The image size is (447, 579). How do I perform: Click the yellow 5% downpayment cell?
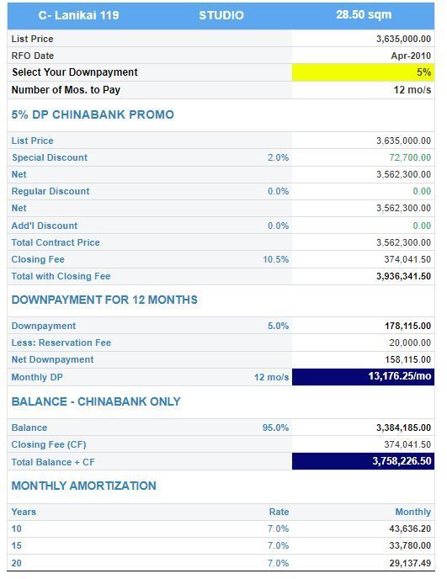pyautogui.click(x=363, y=72)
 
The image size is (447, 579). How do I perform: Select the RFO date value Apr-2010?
pyautogui.click(x=411, y=56)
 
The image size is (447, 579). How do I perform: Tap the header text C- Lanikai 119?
pyautogui.click(x=78, y=15)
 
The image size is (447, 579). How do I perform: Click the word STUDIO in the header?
pyautogui.click(x=221, y=15)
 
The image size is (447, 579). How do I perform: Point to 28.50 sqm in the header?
pyautogui.click(x=364, y=15)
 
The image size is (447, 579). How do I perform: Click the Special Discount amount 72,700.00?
pyautogui.click(x=410, y=157)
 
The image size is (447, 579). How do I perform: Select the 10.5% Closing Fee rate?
pyautogui.click(x=276, y=259)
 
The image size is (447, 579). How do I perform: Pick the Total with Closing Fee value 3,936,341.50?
pyautogui.click(x=403, y=276)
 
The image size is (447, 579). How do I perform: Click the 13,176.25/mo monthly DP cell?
pyautogui.click(x=363, y=377)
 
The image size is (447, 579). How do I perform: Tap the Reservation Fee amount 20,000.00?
pyautogui.click(x=410, y=343)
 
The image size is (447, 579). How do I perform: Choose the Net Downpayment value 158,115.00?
pyautogui.click(x=407, y=359)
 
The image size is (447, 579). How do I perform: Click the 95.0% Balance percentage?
pyautogui.click(x=275, y=428)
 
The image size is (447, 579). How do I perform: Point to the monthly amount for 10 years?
pyautogui.click(x=410, y=529)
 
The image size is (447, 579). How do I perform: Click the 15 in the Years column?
pyautogui.click(x=17, y=546)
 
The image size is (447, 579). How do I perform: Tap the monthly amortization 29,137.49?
pyautogui.click(x=410, y=563)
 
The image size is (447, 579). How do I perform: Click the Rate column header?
pyautogui.click(x=279, y=512)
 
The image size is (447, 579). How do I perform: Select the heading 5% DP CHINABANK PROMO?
pyautogui.click(x=93, y=114)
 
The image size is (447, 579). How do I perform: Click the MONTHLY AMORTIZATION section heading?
pyautogui.click(x=84, y=486)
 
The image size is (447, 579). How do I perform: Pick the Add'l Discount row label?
pyautogui.click(x=45, y=226)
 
